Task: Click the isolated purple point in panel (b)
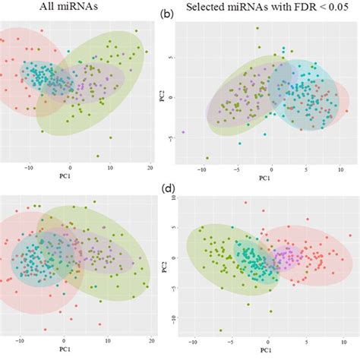click(x=183, y=132)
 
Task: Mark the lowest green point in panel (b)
click(x=207, y=158)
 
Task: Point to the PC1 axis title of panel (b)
click(x=263, y=179)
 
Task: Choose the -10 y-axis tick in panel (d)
click(x=172, y=318)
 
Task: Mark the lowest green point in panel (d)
click(x=220, y=330)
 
